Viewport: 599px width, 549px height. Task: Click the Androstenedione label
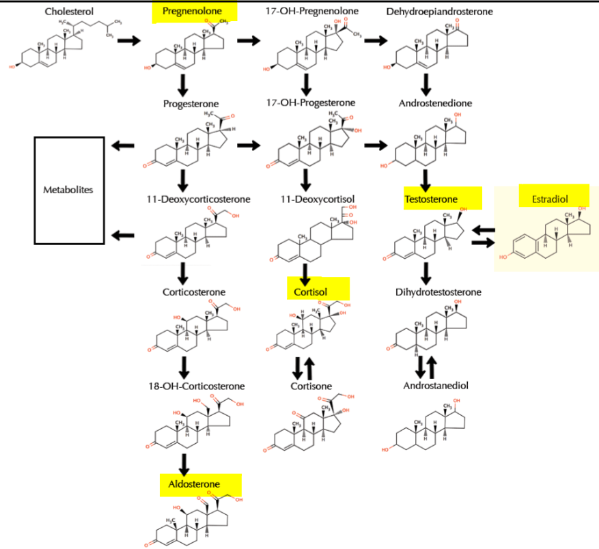tap(435, 104)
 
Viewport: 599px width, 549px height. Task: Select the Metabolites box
tap(70, 190)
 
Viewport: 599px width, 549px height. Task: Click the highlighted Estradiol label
tap(554, 199)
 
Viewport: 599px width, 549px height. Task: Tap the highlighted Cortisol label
tap(311, 292)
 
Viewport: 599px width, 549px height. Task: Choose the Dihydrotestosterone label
tap(438, 292)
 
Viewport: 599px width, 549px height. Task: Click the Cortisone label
tap(310, 386)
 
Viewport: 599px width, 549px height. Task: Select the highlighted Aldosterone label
tap(194, 484)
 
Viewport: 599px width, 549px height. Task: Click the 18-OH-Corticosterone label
tap(195, 386)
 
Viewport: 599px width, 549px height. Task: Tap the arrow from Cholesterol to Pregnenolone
tap(129, 41)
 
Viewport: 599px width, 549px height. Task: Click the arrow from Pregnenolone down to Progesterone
tap(182, 84)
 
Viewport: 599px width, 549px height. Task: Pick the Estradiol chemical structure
tap(546, 236)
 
